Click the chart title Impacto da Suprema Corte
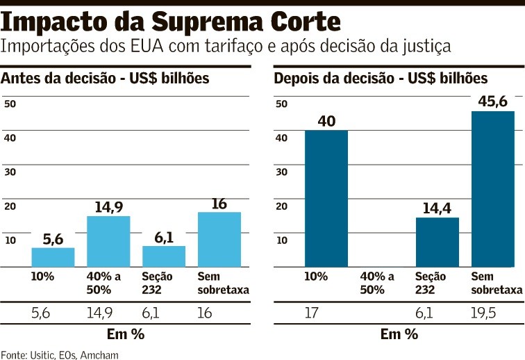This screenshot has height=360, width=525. [x=171, y=22]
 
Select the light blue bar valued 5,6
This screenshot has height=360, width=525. [x=53, y=257]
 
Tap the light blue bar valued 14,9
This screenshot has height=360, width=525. [x=108, y=241]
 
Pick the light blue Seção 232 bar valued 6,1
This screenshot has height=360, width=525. [x=164, y=256]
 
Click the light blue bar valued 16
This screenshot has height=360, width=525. [x=219, y=239]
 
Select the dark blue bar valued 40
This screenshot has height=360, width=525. [x=326, y=198]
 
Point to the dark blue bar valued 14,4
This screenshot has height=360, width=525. [x=437, y=242]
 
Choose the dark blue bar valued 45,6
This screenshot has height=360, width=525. [x=493, y=188]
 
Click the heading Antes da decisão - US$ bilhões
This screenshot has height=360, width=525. [x=106, y=78]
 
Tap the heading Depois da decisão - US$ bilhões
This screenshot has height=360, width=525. [x=381, y=78]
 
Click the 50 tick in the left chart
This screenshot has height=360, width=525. [x=10, y=104]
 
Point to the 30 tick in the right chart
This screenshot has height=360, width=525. [x=282, y=172]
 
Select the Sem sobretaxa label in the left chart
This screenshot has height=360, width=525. [x=223, y=283]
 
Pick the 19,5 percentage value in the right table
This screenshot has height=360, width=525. [x=487, y=313]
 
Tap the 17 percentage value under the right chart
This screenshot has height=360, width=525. [x=313, y=313]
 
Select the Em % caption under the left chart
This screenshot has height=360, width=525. [x=126, y=334]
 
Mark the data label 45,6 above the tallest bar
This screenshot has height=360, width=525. [x=493, y=101]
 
